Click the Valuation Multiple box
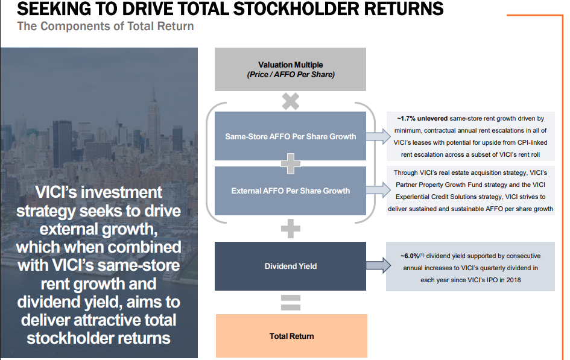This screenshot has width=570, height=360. click(290, 69)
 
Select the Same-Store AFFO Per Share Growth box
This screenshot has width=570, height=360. click(290, 136)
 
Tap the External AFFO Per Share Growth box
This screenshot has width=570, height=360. click(290, 191)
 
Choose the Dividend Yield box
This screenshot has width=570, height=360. click(290, 266)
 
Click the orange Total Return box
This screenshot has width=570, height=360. click(291, 336)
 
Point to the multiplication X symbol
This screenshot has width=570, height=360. click(291, 101)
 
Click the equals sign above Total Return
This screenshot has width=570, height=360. click(291, 303)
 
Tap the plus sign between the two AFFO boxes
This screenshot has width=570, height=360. click(291, 163)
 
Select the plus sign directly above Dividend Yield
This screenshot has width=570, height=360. click(291, 229)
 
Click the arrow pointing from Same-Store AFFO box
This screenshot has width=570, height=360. click(378, 136)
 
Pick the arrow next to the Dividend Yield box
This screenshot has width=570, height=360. click(378, 265)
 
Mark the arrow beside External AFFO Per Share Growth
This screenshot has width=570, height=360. click(378, 190)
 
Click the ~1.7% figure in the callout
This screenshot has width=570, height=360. click(406, 118)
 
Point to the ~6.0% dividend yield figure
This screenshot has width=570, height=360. click(410, 256)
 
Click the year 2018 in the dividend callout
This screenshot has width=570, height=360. click(514, 280)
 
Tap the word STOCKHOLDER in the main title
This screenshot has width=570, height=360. click(295, 8)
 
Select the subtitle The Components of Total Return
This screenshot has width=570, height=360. click(106, 26)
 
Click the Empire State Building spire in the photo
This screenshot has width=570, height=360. click(153, 93)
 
